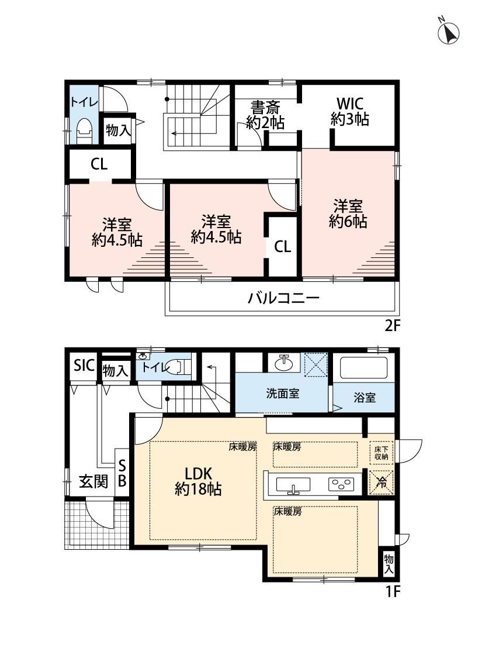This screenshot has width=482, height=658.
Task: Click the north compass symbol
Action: click(449, 32)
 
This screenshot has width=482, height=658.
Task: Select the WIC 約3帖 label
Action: click(349, 112)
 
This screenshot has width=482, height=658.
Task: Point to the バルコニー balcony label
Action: click(283, 298)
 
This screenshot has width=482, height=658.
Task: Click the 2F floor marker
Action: click(393, 326)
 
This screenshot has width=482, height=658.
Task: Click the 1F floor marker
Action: click(393, 592)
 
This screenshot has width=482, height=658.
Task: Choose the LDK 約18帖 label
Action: click(198, 481)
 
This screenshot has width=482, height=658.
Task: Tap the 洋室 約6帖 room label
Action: click(348, 214)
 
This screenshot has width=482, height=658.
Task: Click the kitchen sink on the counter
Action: click(293, 485)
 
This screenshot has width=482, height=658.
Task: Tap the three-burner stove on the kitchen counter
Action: click(341, 484)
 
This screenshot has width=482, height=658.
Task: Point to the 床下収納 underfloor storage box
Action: click(382, 453)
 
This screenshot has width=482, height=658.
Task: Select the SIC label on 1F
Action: click(84, 366)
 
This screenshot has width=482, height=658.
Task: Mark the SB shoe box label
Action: click(122, 473)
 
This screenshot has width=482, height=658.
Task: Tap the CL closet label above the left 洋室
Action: click(99, 164)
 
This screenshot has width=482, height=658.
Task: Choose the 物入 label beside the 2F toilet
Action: click(119, 130)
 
